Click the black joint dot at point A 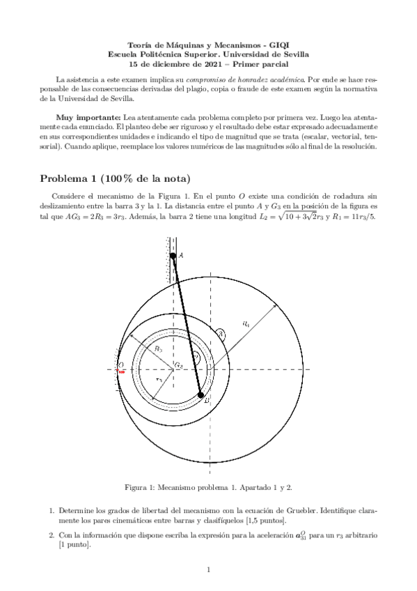point(173,256)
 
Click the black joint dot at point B point(201,395)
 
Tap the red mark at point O point(121,371)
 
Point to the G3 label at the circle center point(179,364)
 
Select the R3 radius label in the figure point(159,348)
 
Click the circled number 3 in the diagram point(221,335)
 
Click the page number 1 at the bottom point(208,569)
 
